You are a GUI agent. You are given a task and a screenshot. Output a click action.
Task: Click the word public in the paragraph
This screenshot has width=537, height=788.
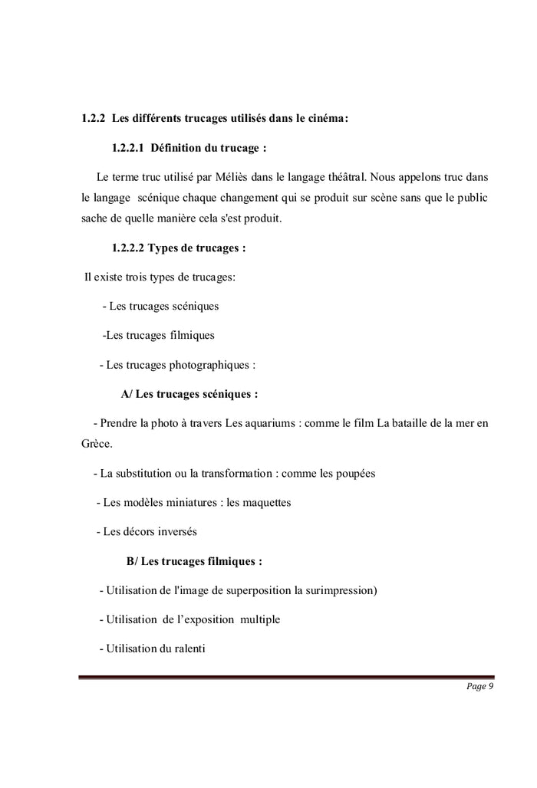click(x=470, y=198)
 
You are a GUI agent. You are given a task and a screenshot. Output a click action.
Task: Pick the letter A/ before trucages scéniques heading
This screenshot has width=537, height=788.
click(x=127, y=395)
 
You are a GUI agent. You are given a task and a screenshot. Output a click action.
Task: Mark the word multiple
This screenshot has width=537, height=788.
click(x=260, y=619)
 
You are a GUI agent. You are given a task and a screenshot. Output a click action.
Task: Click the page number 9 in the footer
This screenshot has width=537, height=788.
click(x=490, y=686)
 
